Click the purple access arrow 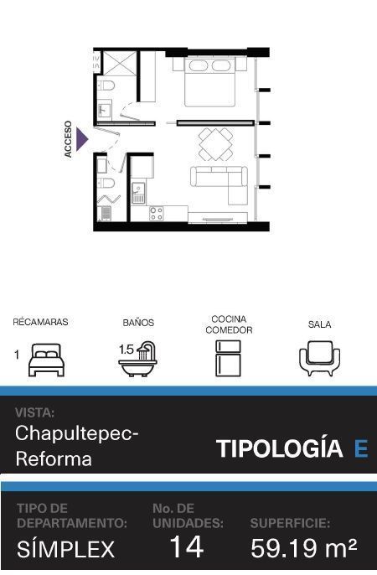(81, 139)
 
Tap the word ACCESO (68, 139)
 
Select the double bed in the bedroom (210, 81)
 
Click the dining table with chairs (216, 144)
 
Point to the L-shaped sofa (219, 182)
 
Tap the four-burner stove (157, 214)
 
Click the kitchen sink (138, 193)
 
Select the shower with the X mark (120, 63)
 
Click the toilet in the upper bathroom (106, 85)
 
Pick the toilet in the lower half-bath (106, 182)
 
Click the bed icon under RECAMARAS (47, 360)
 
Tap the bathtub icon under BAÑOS (138, 360)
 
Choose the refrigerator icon (228, 358)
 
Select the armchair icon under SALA (319, 358)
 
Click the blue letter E (361, 448)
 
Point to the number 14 (187, 547)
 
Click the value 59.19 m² (304, 548)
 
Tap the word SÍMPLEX (66, 548)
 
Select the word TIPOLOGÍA (280, 448)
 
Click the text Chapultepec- (77, 434)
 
